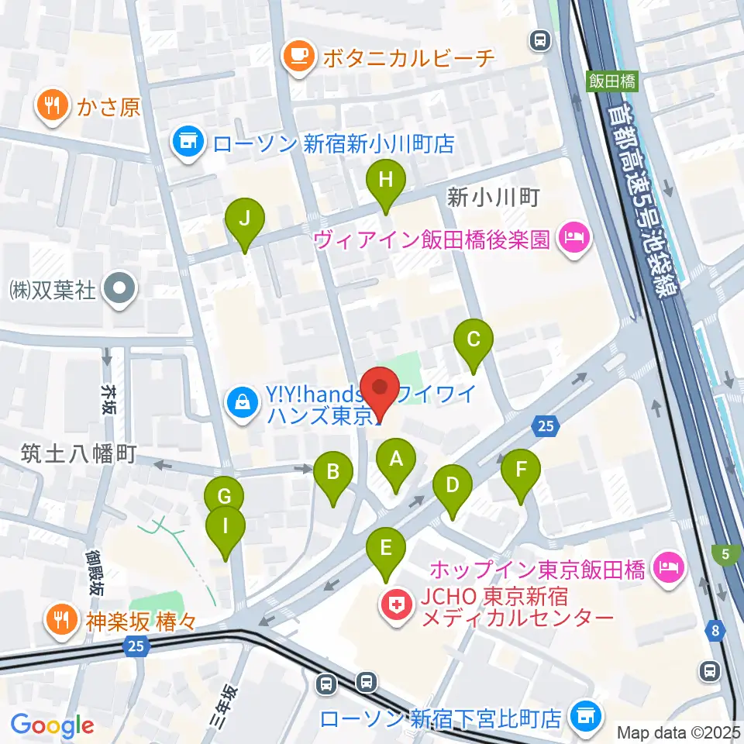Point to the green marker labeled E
(x=385, y=551)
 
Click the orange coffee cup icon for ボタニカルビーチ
(x=298, y=57)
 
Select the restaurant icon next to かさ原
(x=53, y=107)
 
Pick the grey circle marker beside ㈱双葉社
(x=120, y=291)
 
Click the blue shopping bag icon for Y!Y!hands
(x=243, y=403)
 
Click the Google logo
(x=52, y=725)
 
